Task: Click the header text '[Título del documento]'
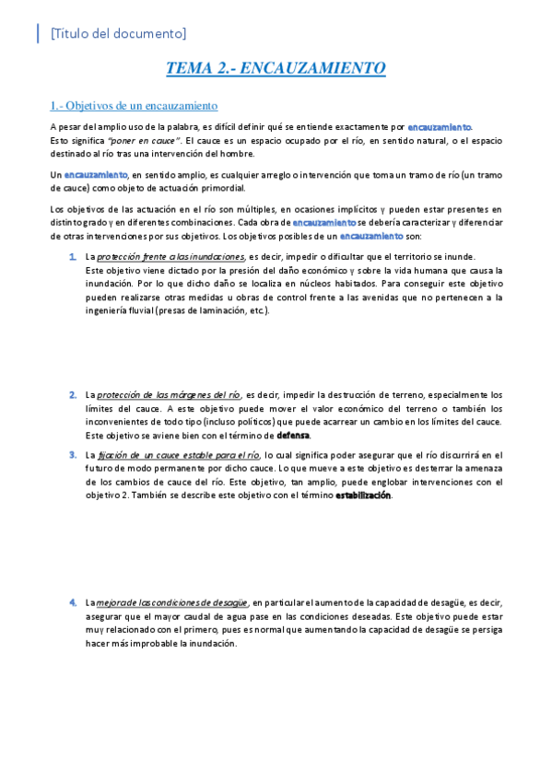click(119, 34)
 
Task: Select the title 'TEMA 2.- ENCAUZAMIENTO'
click(276, 69)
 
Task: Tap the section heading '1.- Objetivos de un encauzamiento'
click(134, 106)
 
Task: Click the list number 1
click(73, 256)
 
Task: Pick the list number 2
click(73, 394)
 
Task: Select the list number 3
click(73, 455)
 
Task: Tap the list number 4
click(73, 603)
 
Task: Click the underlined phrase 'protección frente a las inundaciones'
click(170, 256)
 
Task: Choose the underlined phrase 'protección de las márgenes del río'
click(169, 394)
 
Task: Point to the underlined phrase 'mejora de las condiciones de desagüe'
click(172, 603)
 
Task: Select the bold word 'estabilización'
click(363, 495)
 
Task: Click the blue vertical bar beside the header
click(39, 34)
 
